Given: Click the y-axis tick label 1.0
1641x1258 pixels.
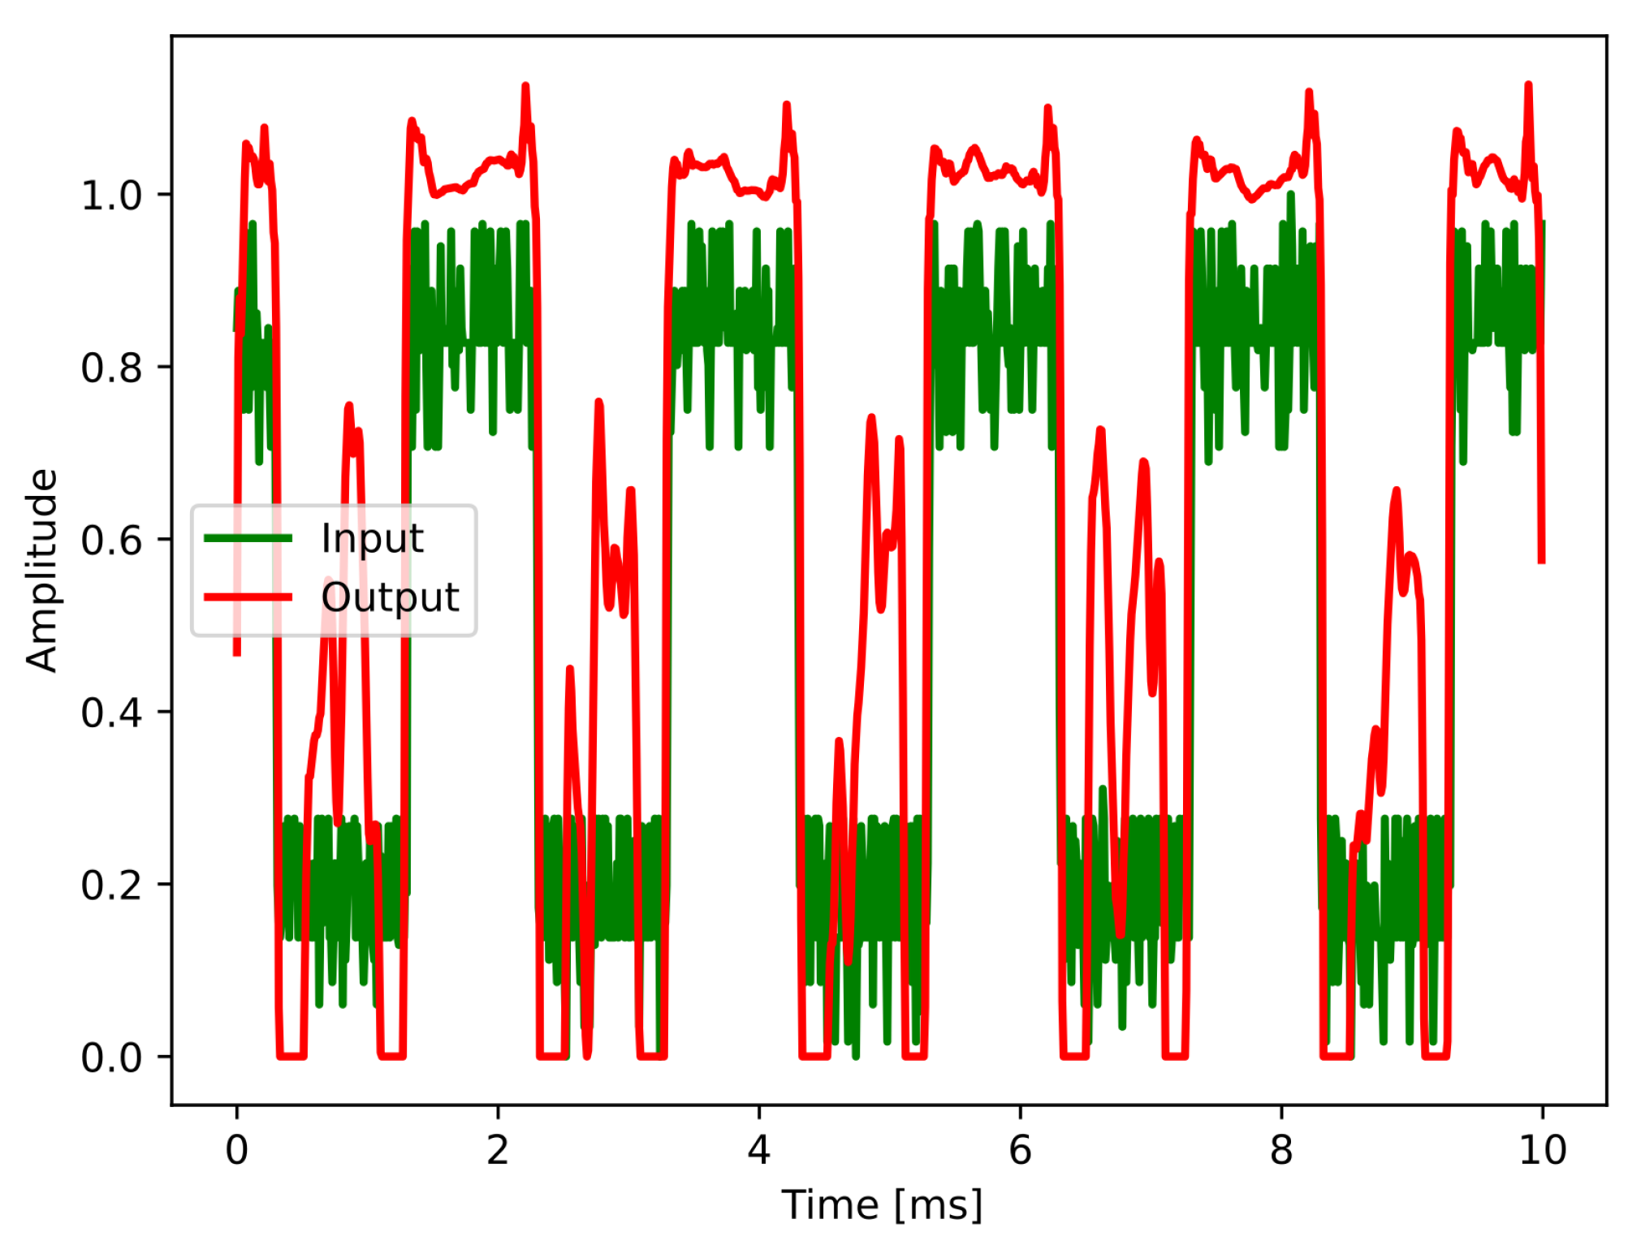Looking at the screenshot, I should [111, 196].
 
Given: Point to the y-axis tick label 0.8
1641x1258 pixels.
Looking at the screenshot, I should [111, 368].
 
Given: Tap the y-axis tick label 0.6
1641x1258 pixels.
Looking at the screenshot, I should [111, 541].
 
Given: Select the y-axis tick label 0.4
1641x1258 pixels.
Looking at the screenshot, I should [111, 713].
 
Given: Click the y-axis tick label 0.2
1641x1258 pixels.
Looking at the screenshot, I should [111, 885].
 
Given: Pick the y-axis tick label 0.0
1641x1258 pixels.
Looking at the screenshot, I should [111, 1058].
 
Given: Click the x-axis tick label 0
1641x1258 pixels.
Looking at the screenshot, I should [236, 1150].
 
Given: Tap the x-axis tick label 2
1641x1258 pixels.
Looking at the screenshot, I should [498, 1150].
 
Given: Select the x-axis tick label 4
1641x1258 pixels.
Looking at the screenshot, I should [759, 1150].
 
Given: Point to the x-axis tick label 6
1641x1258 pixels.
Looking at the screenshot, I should [1020, 1150].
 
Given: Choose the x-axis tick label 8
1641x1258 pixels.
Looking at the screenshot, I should [1281, 1150].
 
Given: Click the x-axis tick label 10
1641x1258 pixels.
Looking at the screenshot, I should [1542, 1150].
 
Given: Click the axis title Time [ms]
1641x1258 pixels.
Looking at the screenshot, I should [882, 1204].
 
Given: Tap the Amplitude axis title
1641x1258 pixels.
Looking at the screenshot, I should [41, 571].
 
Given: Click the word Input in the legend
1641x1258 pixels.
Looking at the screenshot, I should [372, 539].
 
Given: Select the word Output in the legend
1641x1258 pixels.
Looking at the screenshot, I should [390, 598].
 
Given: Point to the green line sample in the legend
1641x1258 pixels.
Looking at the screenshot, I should [248, 538].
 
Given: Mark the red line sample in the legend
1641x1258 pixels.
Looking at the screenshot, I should [248, 598].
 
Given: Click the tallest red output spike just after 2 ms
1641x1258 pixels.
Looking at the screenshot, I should [525, 86].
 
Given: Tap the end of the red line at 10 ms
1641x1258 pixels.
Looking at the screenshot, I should [1541, 560].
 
